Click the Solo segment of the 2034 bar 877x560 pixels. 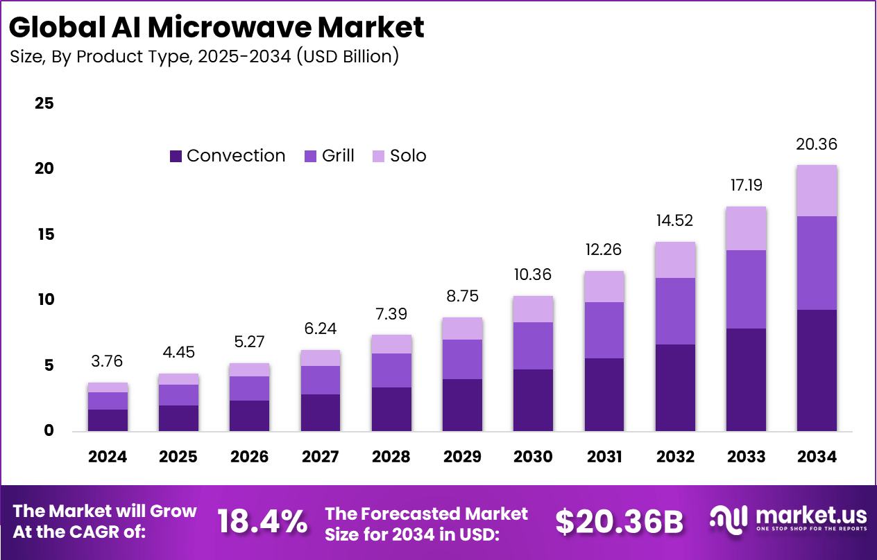pyautogui.click(x=816, y=191)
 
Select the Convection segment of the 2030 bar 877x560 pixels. pyautogui.click(x=533, y=400)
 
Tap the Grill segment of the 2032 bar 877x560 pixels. pyautogui.click(x=675, y=311)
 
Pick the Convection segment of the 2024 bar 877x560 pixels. pyautogui.click(x=108, y=420)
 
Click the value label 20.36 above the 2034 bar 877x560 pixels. pyautogui.click(x=816, y=145)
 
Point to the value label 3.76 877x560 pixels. pyautogui.click(x=108, y=361)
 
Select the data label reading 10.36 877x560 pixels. pyautogui.click(x=533, y=274)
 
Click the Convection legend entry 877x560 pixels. pyautogui.click(x=228, y=156)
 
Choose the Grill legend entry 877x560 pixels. pyautogui.click(x=330, y=156)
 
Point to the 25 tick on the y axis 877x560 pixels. pyautogui.click(x=44, y=104)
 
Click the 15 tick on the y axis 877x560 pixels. pyautogui.click(x=44, y=235)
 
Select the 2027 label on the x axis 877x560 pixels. pyautogui.click(x=321, y=457)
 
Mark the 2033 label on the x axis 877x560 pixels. pyautogui.click(x=746, y=457)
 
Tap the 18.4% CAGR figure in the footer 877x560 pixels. pyautogui.click(x=262, y=522)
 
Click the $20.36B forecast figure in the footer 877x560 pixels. pyautogui.click(x=619, y=522)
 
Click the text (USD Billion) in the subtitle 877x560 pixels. pyautogui.click(x=348, y=56)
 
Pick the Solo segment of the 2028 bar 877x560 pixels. pyautogui.click(x=391, y=344)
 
